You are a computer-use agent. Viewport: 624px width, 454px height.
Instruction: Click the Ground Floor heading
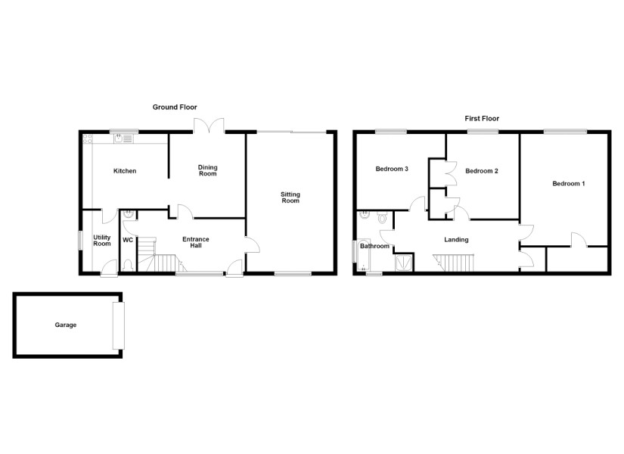pos(175,107)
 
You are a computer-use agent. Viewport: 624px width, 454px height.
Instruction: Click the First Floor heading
pos(482,118)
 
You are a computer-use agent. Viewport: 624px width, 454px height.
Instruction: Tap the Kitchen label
pos(125,171)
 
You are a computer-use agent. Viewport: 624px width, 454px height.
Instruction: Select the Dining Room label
pos(208,170)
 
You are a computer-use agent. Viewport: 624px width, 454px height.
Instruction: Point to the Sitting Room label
pos(290,197)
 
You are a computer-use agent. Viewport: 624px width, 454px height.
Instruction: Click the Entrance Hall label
pos(196,242)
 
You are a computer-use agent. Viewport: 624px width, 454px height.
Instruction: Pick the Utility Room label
pos(102,241)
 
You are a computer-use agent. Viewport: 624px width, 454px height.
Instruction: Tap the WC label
pos(128,240)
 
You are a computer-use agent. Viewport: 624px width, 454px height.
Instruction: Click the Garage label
pos(66,325)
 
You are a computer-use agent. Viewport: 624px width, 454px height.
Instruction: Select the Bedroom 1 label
pos(569,184)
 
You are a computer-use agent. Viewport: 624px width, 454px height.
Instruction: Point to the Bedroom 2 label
pos(482,171)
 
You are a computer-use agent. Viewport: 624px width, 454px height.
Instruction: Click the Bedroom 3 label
pos(392,169)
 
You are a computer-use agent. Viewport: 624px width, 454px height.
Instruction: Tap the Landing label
pos(456,240)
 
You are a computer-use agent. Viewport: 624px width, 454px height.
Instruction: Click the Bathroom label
pos(375,246)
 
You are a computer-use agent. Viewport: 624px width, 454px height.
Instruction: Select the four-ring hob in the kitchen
pos(88,138)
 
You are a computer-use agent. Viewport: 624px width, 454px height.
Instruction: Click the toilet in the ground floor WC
pos(128,264)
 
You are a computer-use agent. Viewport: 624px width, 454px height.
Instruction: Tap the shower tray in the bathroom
pos(404,263)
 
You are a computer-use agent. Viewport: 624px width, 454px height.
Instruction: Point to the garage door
pos(119,326)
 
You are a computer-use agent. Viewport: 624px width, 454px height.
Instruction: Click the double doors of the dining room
pos(210,126)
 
